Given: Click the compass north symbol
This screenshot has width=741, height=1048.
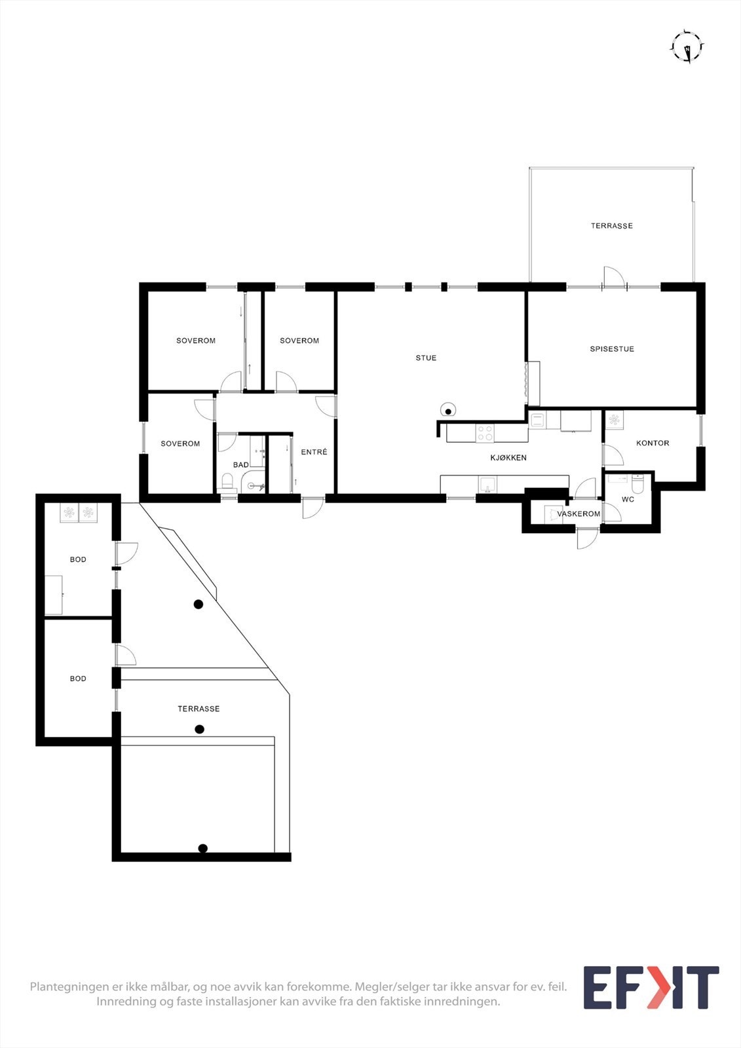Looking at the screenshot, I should click(687, 47).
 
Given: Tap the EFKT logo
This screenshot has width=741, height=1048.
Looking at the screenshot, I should click(651, 988).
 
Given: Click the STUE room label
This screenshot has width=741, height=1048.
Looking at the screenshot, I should click(426, 358).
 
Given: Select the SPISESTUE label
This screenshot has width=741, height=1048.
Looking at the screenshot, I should click(612, 349).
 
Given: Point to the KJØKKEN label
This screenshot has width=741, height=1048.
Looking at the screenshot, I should click(508, 458).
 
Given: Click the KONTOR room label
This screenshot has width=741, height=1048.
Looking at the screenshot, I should click(653, 443).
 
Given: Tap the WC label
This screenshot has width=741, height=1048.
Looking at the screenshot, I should click(628, 499).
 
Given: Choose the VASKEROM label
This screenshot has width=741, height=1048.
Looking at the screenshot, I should click(579, 514).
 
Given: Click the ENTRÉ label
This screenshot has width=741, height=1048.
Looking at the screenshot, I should click(314, 452).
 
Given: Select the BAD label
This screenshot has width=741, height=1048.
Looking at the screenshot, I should click(240, 465).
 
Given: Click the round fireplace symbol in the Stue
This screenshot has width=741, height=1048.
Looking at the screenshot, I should click(448, 410).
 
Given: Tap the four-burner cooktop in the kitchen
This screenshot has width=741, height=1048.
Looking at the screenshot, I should click(485, 433).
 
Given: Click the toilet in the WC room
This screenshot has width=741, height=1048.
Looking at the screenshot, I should click(637, 484).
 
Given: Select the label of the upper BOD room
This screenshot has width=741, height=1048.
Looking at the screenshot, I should click(78, 559).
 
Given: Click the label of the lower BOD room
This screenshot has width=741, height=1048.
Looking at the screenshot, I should click(78, 679).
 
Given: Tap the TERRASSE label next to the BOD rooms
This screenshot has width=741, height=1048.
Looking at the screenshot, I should click(199, 709).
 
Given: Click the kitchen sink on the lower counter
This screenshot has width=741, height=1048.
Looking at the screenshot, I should click(487, 485).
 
